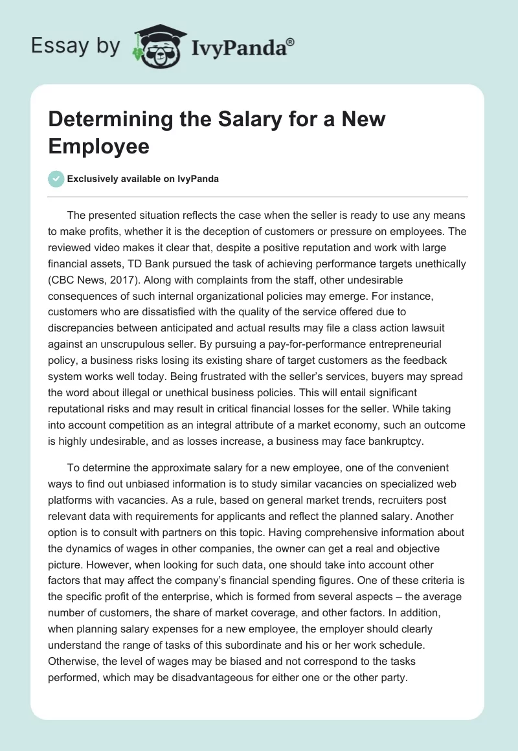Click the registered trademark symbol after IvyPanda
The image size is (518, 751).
291,42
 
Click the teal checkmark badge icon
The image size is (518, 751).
56,179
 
